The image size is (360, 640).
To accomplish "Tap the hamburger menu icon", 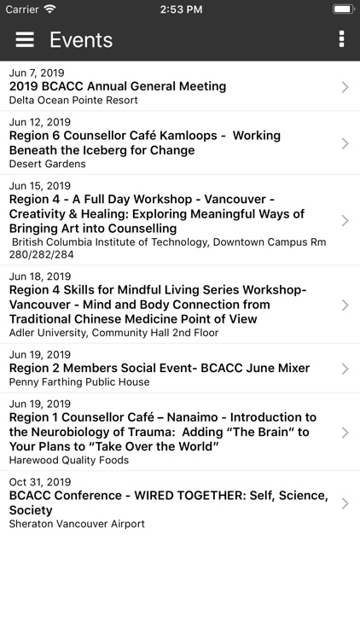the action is point(25,39).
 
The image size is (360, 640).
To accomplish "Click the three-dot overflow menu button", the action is point(341,39).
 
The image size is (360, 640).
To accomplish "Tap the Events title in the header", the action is point(81,40).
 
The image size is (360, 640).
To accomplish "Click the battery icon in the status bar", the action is point(343,9).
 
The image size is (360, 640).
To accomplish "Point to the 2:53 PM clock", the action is point(180,9).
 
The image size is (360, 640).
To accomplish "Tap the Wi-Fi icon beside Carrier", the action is point(49,9).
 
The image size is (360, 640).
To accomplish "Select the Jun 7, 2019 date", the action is point(37,73).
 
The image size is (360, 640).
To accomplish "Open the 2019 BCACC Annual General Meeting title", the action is point(118,86).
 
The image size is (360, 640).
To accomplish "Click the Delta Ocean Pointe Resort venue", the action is point(73,100).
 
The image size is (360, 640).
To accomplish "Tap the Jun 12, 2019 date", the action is point(39,122).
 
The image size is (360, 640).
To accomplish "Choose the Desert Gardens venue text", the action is point(48,164).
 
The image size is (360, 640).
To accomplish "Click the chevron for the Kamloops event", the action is point(345,143).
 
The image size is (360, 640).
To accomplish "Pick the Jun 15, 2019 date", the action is point(39,186).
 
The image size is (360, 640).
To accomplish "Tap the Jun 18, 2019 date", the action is point(39,276).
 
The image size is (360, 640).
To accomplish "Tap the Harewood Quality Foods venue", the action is point(69,460).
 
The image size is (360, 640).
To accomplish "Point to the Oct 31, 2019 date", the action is point(39,482).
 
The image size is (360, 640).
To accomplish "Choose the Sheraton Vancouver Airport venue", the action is point(77,523).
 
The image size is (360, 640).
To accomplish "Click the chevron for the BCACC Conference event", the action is point(345,503).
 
